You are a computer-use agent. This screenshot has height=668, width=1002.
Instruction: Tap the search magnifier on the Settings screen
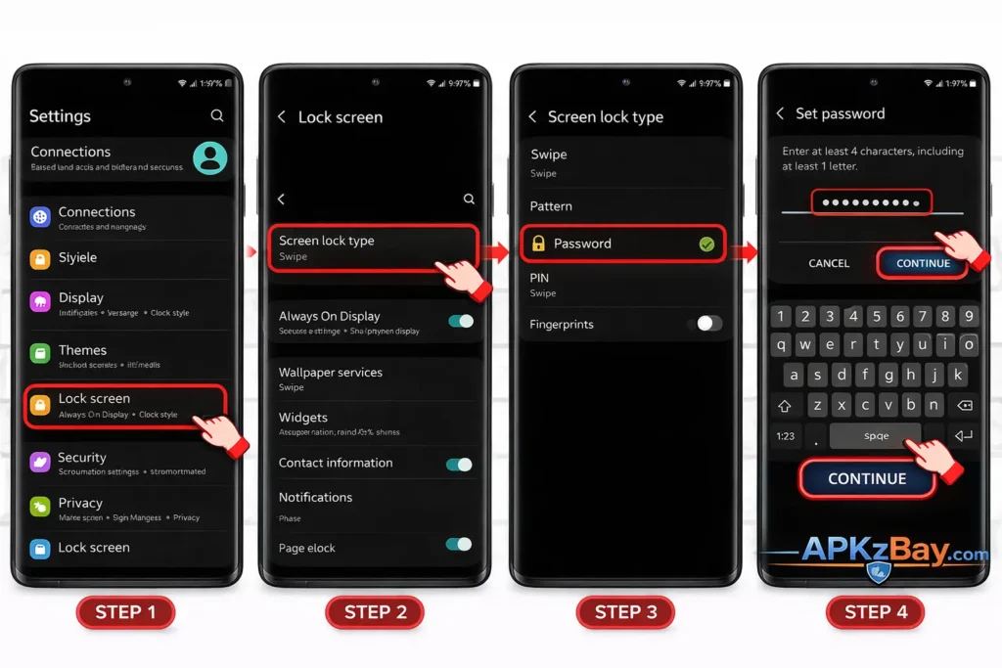[x=217, y=115]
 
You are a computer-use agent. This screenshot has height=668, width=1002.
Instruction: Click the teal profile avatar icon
[x=209, y=157]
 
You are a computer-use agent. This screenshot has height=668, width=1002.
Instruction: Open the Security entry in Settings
[x=82, y=458]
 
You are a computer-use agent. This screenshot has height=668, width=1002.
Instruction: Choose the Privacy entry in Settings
[x=80, y=503]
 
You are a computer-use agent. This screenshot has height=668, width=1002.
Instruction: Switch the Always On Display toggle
[x=460, y=321]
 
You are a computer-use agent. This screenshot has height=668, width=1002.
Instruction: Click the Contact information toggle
[x=459, y=464]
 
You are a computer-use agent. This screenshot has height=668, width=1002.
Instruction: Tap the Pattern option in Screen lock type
[x=551, y=206]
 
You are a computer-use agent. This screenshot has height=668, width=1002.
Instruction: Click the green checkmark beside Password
[x=706, y=244]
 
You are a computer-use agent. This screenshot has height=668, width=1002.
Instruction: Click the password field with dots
[x=871, y=202]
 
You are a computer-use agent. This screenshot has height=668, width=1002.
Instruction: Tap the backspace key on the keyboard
[x=964, y=405]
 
